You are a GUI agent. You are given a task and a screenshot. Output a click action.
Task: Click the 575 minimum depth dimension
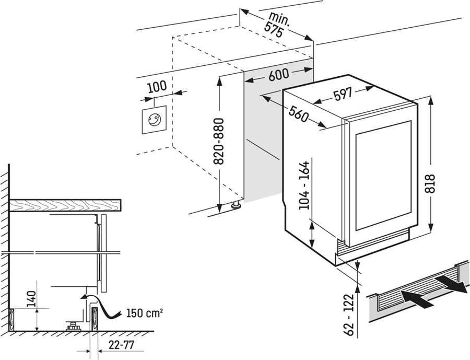coord(274,31)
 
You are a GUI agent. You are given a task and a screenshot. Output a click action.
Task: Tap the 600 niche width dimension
coord(279,75)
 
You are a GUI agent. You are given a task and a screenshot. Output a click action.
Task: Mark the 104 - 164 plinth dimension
coord(305,186)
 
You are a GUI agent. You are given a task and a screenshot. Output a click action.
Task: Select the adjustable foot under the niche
coord(237,205)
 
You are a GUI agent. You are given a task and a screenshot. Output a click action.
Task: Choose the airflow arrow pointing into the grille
coord(417,298)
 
